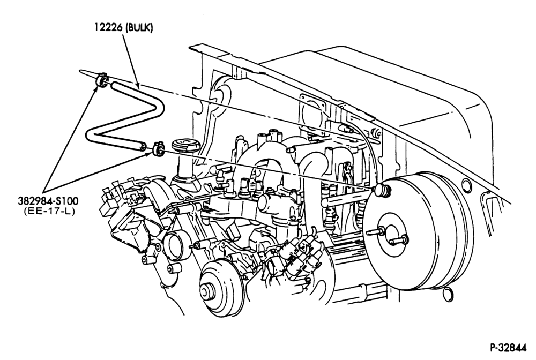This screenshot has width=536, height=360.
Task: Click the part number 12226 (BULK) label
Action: pyautogui.click(x=124, y=28)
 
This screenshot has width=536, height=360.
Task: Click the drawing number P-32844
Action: pyautogui.click(x=509, y=348)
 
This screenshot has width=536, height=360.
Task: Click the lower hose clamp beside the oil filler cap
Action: pyautogui.click(x=159, y=149)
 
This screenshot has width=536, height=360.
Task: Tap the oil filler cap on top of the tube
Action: pyautogui.click(x=185, y=146)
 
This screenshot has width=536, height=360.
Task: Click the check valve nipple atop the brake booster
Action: pyautogui.click(x=382, y=190)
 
